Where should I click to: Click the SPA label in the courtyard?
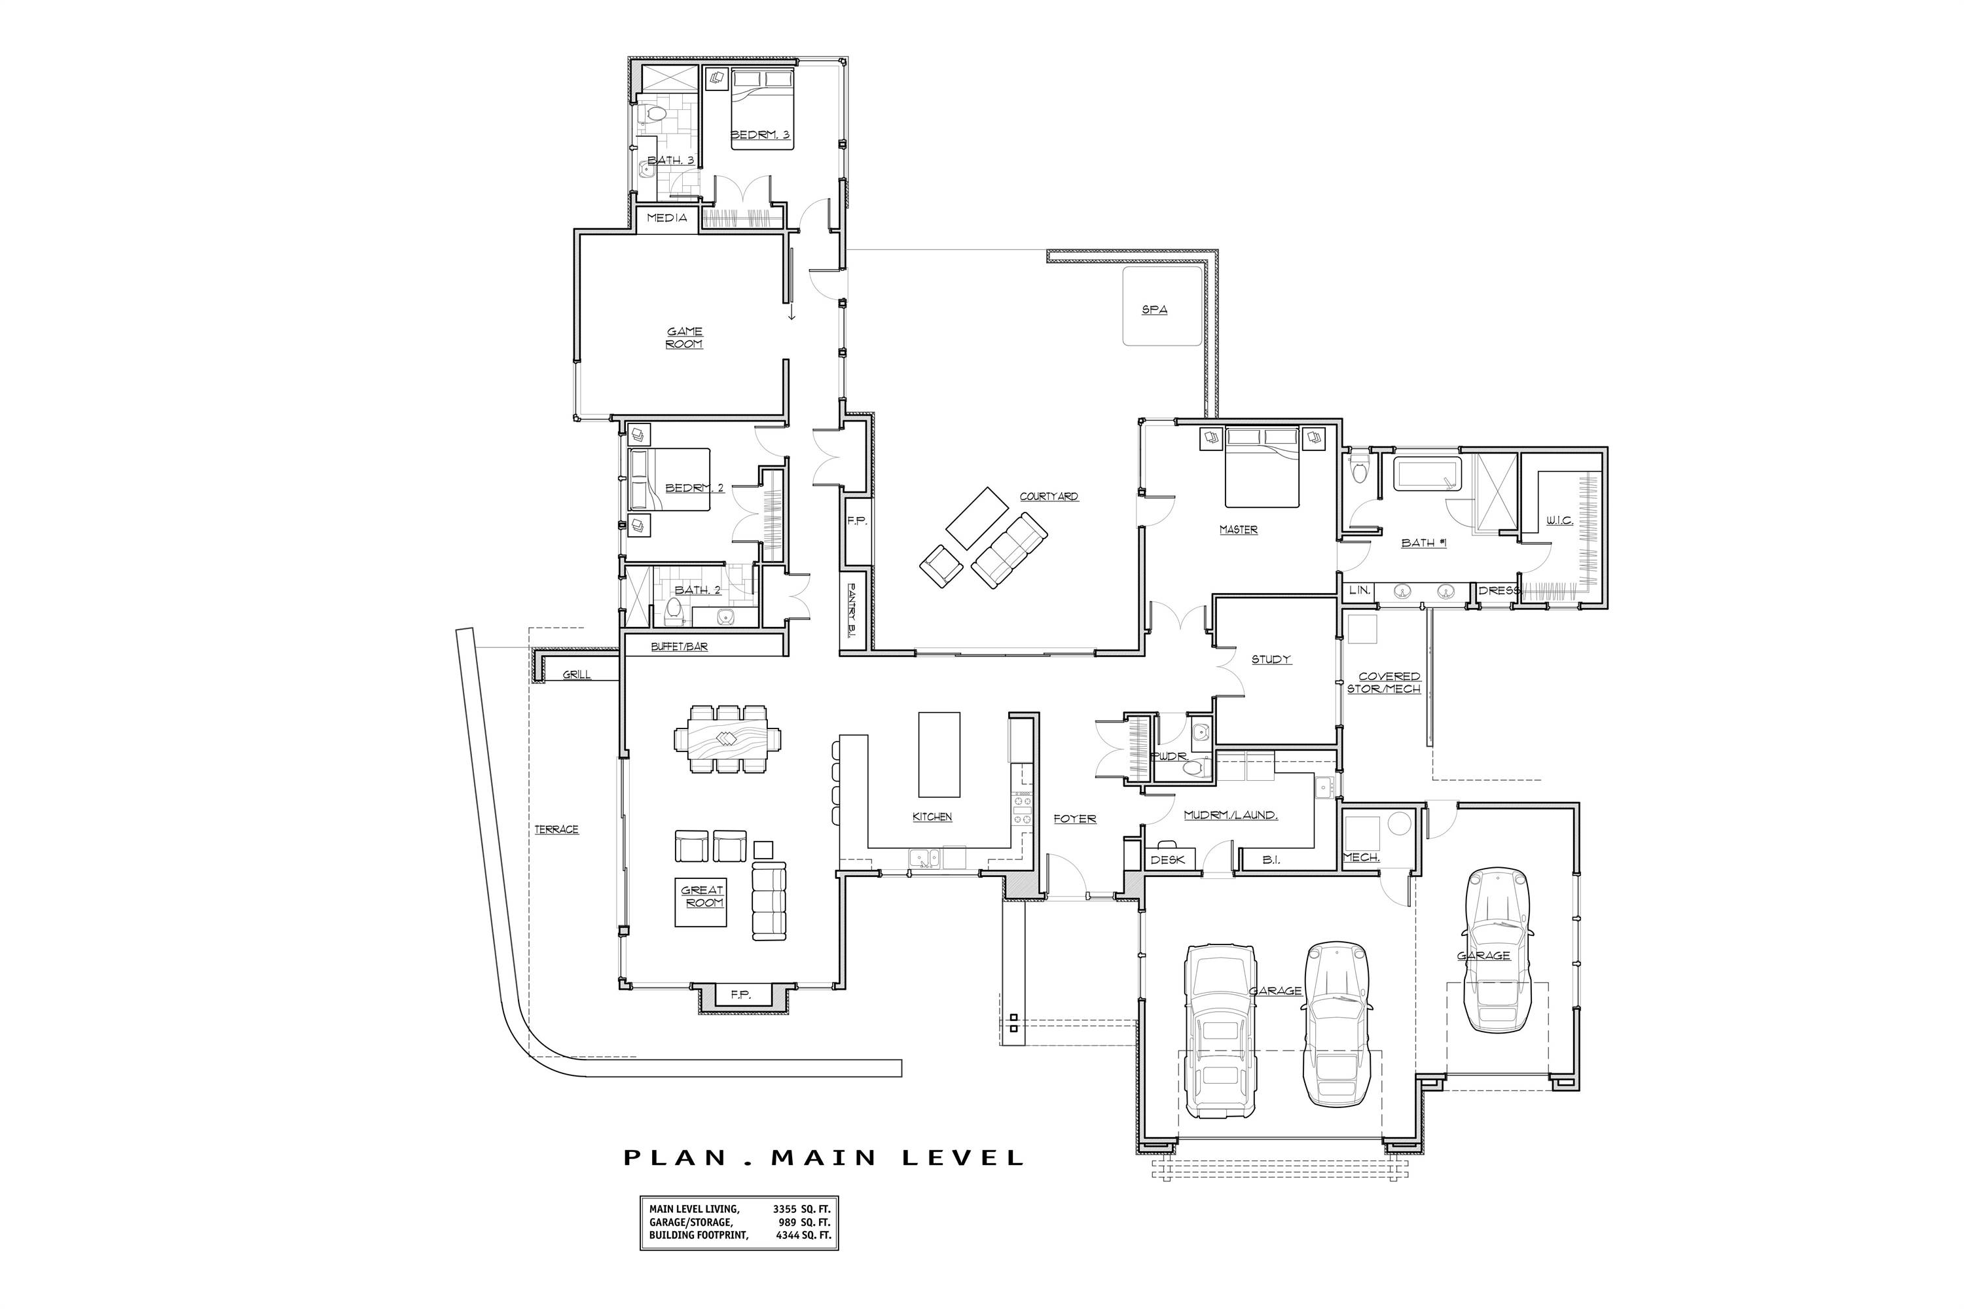(1154, 310)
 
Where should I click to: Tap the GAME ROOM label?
(684, 337)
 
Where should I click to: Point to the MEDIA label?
(666, 218)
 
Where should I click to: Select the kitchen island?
(939, 755)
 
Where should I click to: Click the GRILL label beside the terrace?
(576, 675)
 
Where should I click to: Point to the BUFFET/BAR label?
(679, 646)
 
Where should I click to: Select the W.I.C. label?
(1559, 520)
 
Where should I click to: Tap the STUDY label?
(1271, 660)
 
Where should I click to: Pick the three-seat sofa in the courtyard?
(1009, 551)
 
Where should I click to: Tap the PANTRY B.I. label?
(854, 611)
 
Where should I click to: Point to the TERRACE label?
(556, 829)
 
